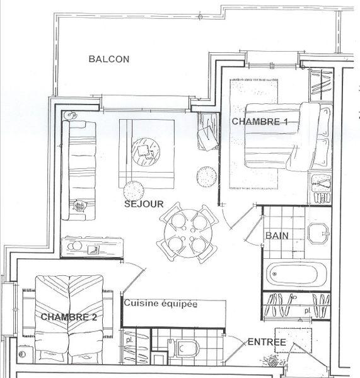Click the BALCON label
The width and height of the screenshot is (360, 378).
coord(108,60)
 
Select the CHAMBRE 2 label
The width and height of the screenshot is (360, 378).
coord(68,318)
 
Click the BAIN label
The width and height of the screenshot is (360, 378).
coord(277,236)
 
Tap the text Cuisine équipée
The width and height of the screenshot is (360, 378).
coord(161,304)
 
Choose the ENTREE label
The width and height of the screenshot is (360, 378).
coord(267,342)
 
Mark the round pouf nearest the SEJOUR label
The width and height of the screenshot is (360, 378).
coord(133,190)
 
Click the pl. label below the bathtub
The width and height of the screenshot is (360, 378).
coord(306,311)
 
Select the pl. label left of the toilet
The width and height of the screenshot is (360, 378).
coord(129,340)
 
